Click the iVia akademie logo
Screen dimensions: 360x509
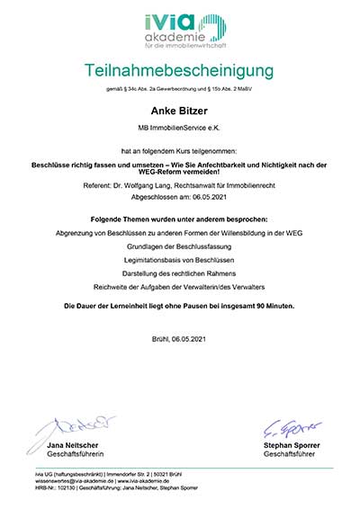tap(179, 32)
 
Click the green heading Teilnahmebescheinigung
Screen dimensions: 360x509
tap(179, 70)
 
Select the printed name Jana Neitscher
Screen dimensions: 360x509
tap(60, 445)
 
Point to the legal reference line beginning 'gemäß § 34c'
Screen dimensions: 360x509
tap(179, 90)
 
